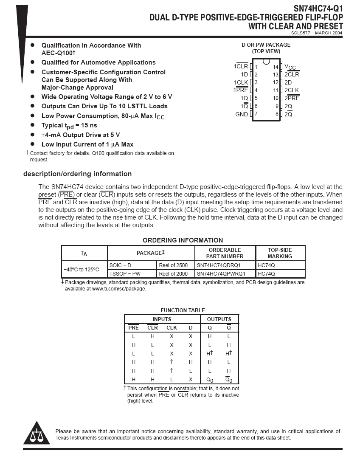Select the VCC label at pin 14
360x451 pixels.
(290, 67)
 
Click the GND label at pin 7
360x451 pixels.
(242, 114)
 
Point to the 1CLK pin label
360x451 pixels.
(241, 82)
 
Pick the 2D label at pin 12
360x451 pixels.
(288, 82)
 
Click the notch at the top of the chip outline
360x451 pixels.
(266, 61)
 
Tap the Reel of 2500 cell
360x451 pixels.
(173, 265)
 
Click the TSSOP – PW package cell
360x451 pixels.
(125, 274)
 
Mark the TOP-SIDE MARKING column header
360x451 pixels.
(280, 253)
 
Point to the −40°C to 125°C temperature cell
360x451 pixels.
(82, 269)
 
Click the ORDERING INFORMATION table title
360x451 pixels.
(183, 240)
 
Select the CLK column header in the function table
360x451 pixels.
(172, 327)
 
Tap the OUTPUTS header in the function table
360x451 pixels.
(219, 319)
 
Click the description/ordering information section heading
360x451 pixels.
(77, 174)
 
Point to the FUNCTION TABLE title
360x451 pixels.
(183, 310)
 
